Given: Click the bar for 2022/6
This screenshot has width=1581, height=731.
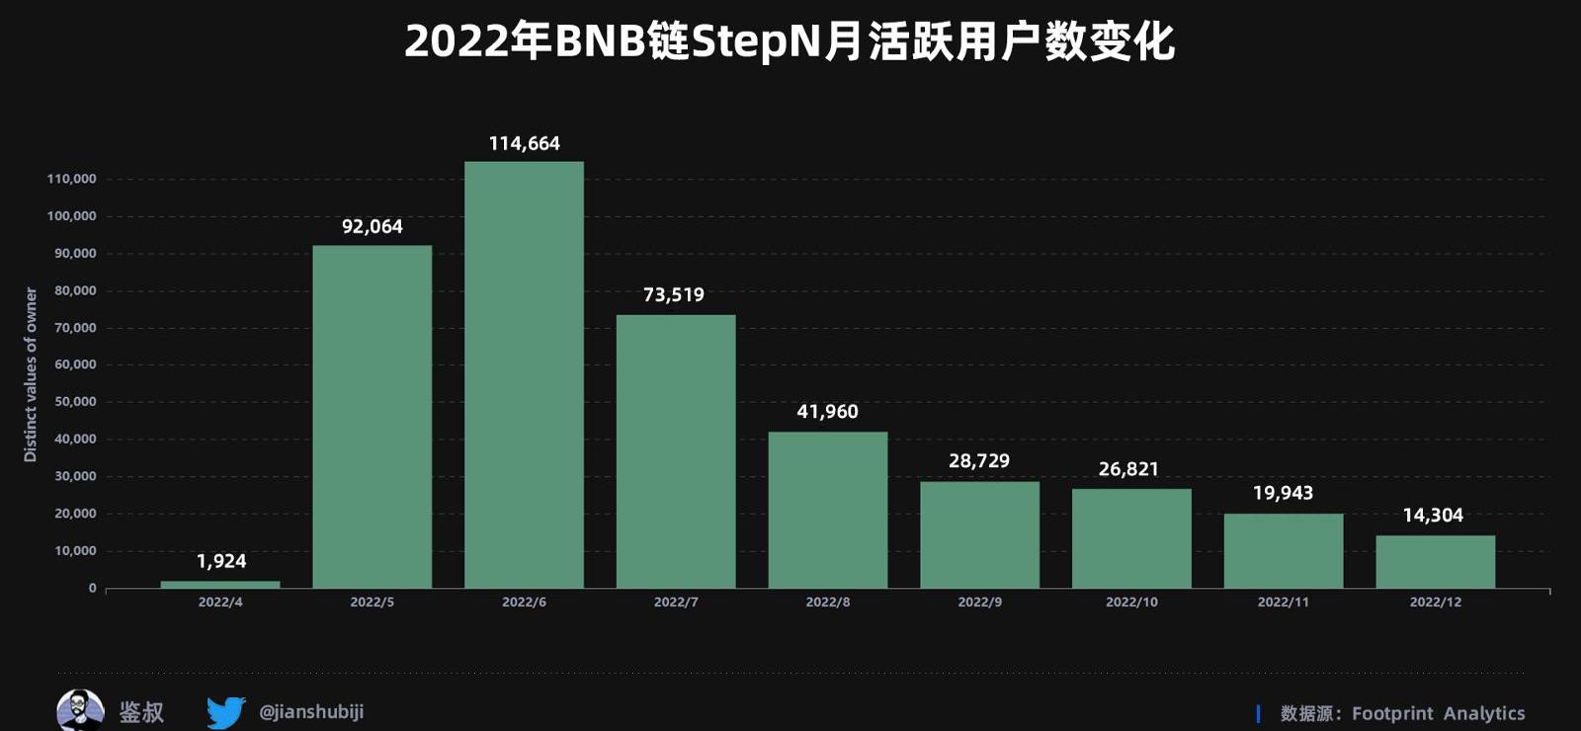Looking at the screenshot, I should [524, 375].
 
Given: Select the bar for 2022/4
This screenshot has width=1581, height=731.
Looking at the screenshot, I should [220, 584].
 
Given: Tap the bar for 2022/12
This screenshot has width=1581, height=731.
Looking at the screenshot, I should [1435, 562].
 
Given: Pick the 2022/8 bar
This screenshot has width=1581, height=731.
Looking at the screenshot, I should [828, 510].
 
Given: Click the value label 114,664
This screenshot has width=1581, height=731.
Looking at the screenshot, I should [524, 144].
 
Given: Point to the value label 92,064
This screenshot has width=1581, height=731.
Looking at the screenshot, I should [373, 227].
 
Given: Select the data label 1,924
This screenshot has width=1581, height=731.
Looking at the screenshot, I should [221, 562].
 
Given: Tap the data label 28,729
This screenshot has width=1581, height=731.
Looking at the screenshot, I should [979, 461].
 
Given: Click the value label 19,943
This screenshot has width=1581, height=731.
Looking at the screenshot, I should [1283, 493].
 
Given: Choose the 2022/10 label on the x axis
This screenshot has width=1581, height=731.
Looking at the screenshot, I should [1131, 603].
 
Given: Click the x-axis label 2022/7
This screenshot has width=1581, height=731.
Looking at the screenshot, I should [676, 603].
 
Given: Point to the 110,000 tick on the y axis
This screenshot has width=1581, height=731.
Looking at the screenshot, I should [72, 179].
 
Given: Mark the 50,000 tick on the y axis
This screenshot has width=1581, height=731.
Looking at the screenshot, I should [75, 402].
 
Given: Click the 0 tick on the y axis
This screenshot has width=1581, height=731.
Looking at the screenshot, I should [93, 589].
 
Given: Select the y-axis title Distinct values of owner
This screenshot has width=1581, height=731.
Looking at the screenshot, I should [31, 374].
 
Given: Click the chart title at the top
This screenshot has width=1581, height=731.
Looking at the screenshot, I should [790, 41].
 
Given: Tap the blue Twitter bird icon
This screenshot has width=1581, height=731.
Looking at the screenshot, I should [226, 711].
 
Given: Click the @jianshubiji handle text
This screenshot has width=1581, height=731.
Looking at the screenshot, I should [311, 711].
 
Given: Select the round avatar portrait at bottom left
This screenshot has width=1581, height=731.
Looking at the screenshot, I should [80, 710].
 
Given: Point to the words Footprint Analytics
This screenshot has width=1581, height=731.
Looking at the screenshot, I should [1438, 713].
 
